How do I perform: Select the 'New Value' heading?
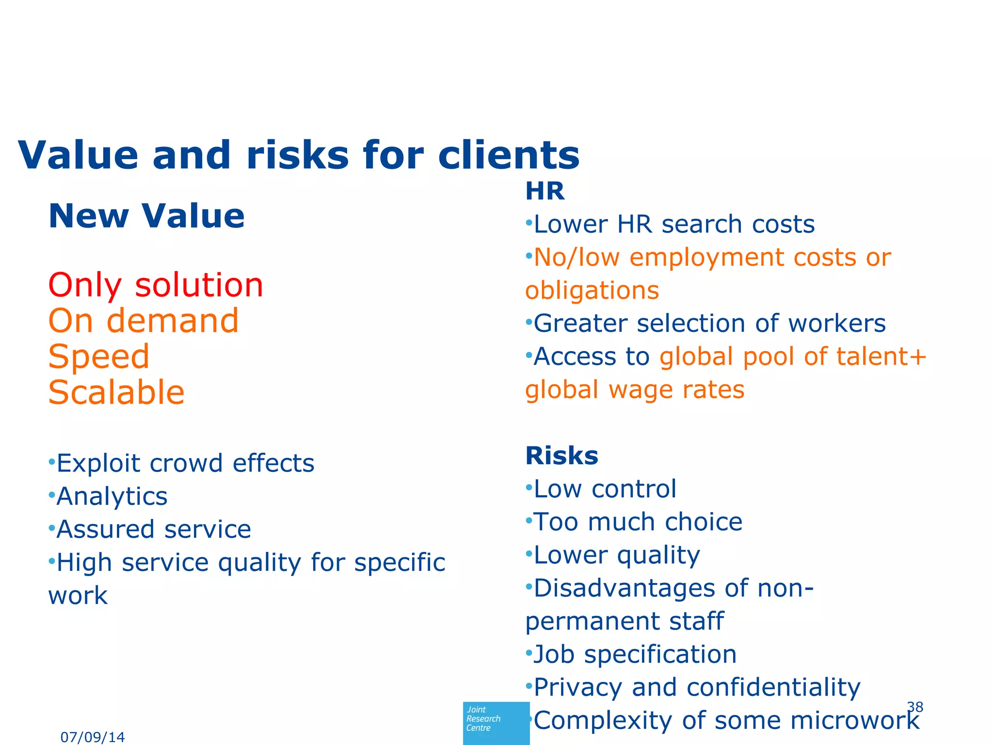(x=146, y=216)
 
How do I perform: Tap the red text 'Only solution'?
(x=156, y=285)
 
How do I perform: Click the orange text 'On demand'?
(x=144, y=321)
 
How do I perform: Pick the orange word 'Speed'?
(x=99, y=356)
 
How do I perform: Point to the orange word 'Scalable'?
(x=116, y=392)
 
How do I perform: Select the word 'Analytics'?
(x=112, y=496)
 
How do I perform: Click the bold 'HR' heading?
(x=545, y=191)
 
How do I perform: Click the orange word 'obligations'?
(x=592, y=291)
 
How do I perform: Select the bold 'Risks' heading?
(x=561, y=455)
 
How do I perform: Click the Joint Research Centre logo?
(x=496, y=722)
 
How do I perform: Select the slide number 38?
(x=915, y=707)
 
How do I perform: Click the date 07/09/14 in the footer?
(x=93, y=737)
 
